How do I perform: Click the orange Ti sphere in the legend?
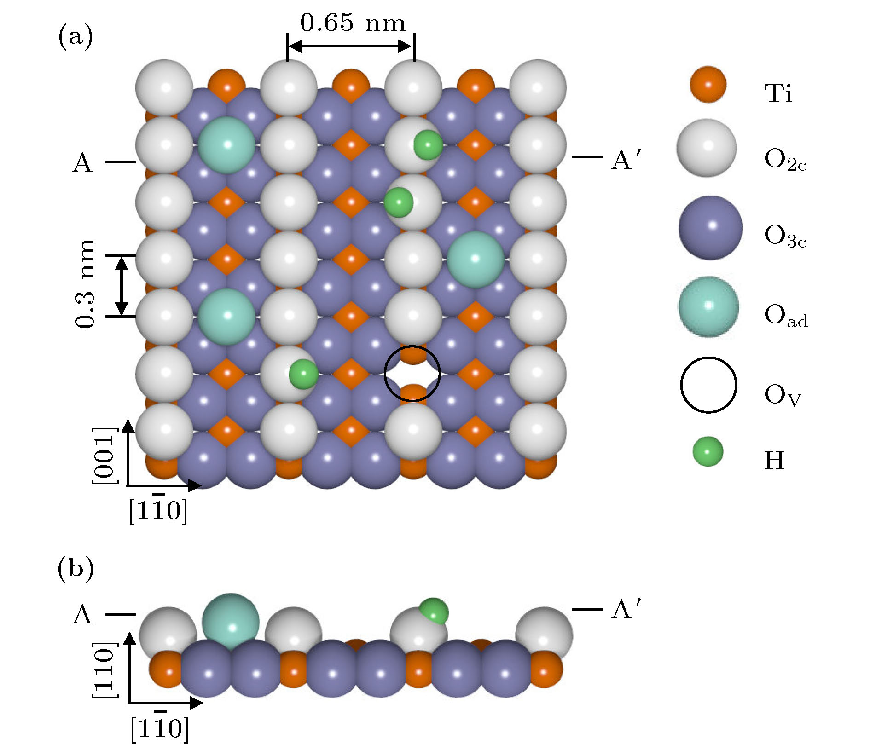[708, 85]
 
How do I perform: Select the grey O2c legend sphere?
[707, 148]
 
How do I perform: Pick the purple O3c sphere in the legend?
[710, 228]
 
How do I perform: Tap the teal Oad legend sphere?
[708, 306]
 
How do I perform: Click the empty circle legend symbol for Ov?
[708, 385]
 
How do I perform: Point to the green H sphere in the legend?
[708, 451]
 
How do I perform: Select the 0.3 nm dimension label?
[86, 283]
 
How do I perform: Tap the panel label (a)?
[75, 37]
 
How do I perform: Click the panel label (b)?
[75, 569]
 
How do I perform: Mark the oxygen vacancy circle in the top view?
[412, 374]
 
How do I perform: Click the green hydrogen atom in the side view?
[434, 611]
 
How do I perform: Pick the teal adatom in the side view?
[231, 621]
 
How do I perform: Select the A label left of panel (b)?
[83, 614]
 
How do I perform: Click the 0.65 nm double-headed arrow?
[351, 46]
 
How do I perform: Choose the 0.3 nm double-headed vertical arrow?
[122, 286]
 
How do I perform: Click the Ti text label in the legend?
[778, 93]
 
